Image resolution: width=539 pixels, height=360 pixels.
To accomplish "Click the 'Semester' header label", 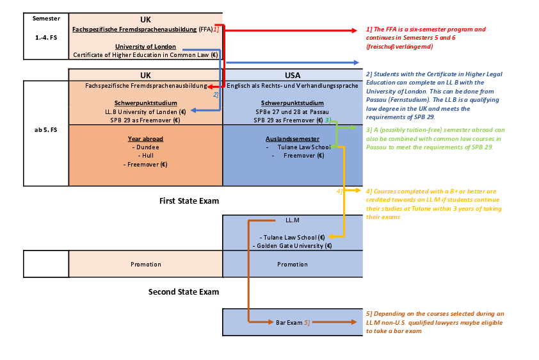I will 45,19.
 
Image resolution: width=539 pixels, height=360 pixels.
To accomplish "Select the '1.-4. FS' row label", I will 45,38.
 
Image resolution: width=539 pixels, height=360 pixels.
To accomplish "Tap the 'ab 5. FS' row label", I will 45,130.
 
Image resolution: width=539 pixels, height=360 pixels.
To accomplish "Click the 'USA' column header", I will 292,75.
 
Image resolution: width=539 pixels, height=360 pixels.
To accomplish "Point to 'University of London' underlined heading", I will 145,47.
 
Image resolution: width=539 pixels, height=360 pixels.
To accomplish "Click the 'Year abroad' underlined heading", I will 145,138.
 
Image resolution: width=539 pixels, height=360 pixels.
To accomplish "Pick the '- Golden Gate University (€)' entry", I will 292,245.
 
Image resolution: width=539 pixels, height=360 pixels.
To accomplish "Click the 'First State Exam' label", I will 189,201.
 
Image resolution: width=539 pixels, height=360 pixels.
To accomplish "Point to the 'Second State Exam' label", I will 184,292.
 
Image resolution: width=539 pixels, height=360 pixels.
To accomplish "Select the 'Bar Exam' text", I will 289,322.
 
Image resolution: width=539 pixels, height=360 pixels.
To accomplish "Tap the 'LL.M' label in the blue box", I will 292,220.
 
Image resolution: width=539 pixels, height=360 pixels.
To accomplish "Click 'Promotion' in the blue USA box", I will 292,264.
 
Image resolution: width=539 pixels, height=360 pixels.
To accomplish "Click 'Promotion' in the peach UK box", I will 145,264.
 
